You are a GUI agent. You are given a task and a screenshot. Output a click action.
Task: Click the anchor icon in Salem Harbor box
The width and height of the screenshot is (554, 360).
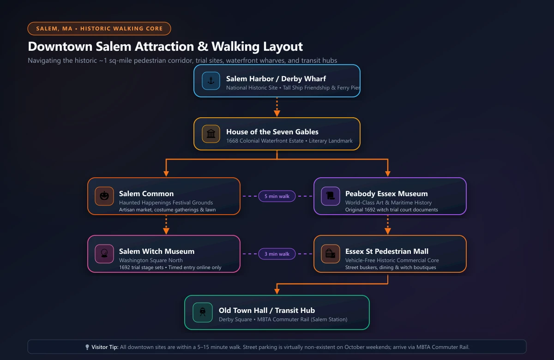(211, 81)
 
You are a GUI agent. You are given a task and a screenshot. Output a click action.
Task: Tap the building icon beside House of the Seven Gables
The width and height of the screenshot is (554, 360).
(211, 134)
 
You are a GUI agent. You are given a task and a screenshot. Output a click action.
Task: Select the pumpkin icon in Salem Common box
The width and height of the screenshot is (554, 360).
(104, 196)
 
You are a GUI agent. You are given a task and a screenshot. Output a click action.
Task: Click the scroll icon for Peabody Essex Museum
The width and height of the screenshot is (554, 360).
(330, 196)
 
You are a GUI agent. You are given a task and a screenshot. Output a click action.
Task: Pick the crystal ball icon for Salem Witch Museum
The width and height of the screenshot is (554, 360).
(104, 254)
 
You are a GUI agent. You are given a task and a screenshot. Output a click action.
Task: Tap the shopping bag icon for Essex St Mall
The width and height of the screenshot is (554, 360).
(330, 254)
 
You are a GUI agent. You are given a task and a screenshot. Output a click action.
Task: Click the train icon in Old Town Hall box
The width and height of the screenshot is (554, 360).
(203, 312)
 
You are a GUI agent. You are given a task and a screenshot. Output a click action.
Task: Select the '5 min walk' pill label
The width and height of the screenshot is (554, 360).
(277, 196)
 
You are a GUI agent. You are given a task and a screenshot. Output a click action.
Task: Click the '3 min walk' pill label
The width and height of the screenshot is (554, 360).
(277, 254)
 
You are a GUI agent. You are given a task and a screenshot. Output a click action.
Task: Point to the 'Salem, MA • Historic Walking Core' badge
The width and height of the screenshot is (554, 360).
(99, 29)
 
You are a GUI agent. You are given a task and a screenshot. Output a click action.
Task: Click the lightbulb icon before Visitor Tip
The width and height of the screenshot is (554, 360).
(87, 347)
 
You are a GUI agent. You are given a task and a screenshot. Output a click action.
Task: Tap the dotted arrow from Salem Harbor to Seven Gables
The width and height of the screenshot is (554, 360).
(277, 107)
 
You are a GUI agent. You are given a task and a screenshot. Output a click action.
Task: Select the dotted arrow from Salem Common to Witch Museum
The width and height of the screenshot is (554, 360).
(166, 224)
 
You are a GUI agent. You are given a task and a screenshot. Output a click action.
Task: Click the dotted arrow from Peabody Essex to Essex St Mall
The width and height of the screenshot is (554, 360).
(387, 224)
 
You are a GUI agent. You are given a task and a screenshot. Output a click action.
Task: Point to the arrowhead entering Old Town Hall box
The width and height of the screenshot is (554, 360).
(277, 291)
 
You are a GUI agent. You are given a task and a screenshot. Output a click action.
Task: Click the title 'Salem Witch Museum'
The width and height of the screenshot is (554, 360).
(157, 251)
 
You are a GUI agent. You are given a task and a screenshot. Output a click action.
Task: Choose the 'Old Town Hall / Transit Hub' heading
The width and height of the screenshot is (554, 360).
(267, 310)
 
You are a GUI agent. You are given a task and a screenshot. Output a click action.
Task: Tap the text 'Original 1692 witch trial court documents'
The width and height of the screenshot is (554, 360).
(391, 210)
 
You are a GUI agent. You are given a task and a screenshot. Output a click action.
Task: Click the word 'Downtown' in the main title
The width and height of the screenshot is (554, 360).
(60, 47)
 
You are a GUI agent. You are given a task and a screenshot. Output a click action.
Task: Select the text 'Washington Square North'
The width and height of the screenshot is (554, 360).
(151, 260)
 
